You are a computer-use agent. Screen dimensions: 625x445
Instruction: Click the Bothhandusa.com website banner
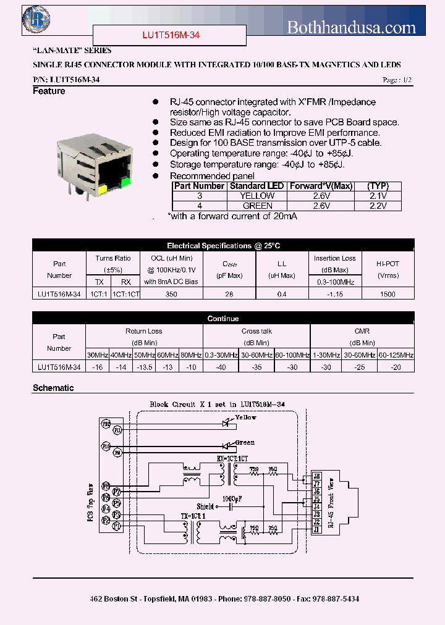pos(352,27)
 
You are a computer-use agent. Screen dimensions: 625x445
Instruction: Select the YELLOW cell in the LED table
pos(257,196)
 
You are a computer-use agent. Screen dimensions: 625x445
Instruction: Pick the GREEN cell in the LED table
pos(257,206)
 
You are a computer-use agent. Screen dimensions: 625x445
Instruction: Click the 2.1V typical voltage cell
pos(376,196)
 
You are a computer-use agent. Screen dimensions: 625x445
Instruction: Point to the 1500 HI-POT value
pos(388,295)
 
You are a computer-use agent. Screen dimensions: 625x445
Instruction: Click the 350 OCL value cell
pos(171,295)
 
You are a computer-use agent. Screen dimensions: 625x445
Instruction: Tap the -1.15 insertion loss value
pos(334,295)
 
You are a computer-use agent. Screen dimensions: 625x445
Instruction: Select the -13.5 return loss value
pos(144,367)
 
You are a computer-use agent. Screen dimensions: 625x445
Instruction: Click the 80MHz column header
pos(190,355)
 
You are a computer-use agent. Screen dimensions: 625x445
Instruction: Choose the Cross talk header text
pos(256,331)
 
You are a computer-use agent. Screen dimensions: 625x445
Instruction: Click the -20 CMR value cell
pos(396,367)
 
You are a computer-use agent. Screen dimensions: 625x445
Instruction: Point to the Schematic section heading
pos(53,388)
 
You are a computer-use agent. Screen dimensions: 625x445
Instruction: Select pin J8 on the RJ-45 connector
pos(316,476)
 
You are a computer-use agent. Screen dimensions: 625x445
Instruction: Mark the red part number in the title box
pos(169,36)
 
